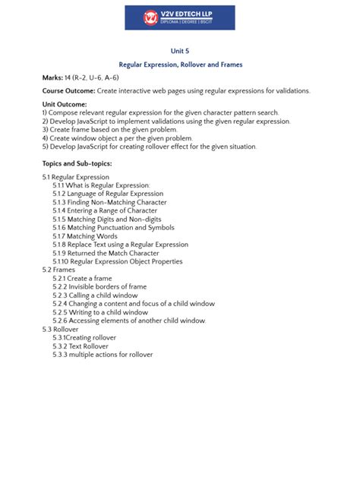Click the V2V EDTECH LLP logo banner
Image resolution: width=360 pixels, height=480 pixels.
pos(179,17)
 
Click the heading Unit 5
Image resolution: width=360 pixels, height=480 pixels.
pos(180,51)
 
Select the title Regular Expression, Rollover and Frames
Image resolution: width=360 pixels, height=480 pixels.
pos(180,65)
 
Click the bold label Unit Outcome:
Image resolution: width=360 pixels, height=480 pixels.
pos(65,103)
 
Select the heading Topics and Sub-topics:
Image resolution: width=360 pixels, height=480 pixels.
pos(77,163)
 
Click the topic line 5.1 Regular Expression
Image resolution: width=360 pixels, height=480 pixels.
pos(76,177)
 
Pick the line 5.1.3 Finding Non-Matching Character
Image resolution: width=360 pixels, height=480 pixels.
pos(109,202)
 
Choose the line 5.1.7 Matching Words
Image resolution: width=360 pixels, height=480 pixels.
pos(85,236)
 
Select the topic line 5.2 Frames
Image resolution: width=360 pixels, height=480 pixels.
pos(58,270)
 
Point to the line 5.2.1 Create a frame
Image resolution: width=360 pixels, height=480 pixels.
pos(84,278)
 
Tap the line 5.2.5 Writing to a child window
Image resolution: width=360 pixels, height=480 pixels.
pos(100,312)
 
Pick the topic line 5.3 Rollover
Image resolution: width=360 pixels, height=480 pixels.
pos(61,329)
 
